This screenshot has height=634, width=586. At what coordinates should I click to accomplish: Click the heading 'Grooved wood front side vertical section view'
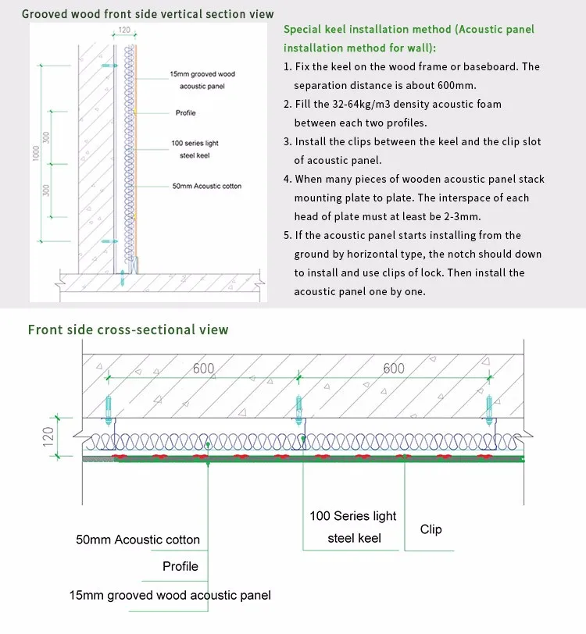point(148,14)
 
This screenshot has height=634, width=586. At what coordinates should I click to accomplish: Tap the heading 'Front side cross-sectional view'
point(128,329)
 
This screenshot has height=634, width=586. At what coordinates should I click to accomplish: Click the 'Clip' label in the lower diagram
point(431,529)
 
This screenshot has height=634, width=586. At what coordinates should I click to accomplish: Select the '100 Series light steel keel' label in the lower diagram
point(353,527)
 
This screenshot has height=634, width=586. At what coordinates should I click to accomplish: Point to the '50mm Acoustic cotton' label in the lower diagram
point(138,540)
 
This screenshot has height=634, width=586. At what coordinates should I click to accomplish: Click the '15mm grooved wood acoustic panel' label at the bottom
point(170,595)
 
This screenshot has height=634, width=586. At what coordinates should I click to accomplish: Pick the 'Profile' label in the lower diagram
point(180,566)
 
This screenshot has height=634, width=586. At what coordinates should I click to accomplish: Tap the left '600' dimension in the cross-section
point(203,369)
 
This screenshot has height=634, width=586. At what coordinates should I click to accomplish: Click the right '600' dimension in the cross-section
point(394,369)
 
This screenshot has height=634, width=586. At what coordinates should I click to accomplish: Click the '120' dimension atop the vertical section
point(124,30)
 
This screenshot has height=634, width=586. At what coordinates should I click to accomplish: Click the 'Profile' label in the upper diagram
point(185,113)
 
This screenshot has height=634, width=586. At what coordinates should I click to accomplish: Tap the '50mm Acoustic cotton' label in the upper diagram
point(206,186)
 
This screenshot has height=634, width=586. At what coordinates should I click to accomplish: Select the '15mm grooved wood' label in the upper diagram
point(202,75)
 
